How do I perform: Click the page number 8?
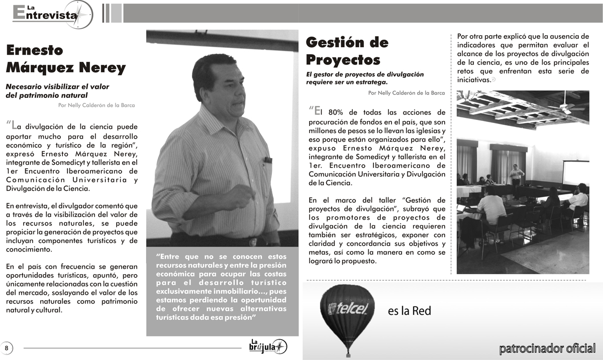[x=7, y=347]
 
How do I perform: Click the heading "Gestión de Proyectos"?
[x=347, y=51]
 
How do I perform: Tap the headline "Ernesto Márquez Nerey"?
[x=65, y=59]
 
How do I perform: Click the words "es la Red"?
[x=409, y=311]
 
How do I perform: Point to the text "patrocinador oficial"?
[x=547, y=348]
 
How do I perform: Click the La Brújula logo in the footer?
[x=268, y=346]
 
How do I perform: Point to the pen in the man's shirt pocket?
[x=268, y=160]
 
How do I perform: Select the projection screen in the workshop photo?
[x=575, y=172]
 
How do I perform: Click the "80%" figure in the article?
[x=337, y=112]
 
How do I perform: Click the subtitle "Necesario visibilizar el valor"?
[x=57, y=86]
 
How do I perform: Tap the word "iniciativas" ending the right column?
[x=473, y=80]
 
